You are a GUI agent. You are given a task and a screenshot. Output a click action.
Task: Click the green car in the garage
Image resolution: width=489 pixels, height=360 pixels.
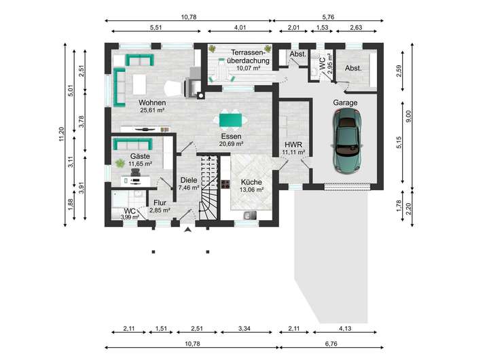coord(346,140)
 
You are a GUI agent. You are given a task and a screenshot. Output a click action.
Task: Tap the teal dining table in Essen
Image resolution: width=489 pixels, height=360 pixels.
coord(230,120)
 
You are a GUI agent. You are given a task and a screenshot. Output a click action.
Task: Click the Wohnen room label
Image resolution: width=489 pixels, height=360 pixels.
coord(152,103)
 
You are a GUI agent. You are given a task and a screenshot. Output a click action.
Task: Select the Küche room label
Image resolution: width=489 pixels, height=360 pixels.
coord(251,182)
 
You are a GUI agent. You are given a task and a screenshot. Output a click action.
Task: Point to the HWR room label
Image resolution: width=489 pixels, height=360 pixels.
coord(293,145)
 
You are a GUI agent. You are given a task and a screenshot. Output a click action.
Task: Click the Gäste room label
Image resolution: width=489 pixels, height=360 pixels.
coord(140,156)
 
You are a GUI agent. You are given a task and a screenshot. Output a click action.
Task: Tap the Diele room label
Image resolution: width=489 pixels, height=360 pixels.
coord(189,180)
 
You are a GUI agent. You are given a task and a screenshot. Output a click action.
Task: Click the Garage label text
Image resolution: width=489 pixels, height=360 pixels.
coord(345,103)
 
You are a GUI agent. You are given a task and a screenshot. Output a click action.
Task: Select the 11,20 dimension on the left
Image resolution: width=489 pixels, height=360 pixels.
coord(61,134)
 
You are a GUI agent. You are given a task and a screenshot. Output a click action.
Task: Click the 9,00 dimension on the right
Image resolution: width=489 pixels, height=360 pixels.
coord(409,116)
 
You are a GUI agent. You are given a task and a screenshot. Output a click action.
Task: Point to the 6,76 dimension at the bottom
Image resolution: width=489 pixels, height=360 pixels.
coord(331,344)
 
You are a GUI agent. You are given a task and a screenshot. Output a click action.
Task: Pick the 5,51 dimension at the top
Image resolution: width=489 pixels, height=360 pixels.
coord(156,27)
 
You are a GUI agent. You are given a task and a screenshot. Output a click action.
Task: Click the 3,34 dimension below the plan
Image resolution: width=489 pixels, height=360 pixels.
coord(244,329)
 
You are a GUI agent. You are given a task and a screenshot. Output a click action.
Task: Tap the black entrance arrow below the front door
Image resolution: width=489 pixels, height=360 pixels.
coord(187,230)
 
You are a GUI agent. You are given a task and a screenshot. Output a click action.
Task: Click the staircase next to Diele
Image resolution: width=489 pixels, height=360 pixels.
coord(209,187)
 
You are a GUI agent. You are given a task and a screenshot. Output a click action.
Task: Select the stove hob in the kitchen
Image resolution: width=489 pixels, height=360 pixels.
coord(225,184)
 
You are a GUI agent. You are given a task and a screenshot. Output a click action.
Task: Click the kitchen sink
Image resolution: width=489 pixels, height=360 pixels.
coord(250,215)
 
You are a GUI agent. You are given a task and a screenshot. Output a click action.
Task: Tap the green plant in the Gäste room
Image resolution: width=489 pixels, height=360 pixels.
coord(120,163)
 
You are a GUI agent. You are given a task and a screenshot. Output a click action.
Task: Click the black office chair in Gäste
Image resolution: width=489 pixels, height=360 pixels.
coord(135,173)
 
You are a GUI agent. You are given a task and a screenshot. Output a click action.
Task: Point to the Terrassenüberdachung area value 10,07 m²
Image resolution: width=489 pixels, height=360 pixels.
coord(249,68)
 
